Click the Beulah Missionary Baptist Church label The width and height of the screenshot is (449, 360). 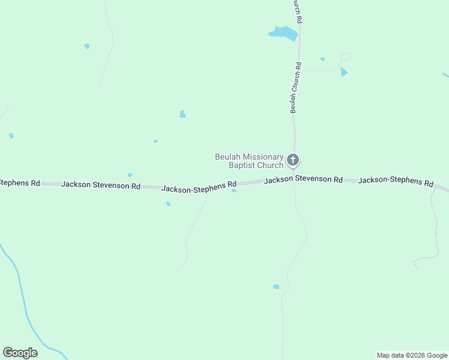click(x=249, y=161)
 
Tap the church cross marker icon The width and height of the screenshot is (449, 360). click(x=293, y=160)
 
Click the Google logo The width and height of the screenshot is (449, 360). click(x=20, y=353)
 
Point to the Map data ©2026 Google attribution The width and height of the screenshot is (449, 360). click(x=412, y=355)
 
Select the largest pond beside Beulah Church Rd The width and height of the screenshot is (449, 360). click(x=283, y=33)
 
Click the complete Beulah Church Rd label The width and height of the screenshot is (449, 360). click(x=295, y=88)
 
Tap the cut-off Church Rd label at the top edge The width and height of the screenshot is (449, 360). click(x=297, y=11)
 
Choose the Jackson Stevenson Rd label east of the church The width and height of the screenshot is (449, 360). click(x=303, y=179)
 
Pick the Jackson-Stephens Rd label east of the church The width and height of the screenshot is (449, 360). click(x=396, y=181)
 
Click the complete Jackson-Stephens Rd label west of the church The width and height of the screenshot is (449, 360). click(x=199, y=187)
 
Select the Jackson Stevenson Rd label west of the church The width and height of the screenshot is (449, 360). click(x=101, y=185)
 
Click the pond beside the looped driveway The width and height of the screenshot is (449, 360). click(x=343, y=71)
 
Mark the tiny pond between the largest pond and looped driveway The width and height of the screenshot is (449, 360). click(x=322, y=59)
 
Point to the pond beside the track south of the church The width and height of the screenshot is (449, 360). click(x=276, y=287)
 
